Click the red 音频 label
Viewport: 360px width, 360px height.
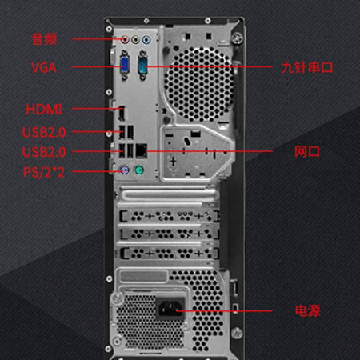(44, 39)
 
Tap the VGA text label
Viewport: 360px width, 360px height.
(44, 67)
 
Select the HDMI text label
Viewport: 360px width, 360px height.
(44, 110)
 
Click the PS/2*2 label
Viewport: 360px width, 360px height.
(44, 172)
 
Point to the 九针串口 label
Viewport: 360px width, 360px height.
(307, 67)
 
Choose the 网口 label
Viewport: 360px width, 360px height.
(307, 151)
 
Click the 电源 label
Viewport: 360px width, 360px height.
(307, 310)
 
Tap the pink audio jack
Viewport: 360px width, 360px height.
(125, 40)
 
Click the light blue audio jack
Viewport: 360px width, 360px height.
(146, 40)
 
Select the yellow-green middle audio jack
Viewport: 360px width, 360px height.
(135, 40)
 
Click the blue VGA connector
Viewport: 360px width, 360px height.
(125, 65)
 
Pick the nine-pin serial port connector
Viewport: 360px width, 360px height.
(142, 65)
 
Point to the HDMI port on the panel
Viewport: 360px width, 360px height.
(122, 113)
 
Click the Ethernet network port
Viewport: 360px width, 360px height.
(142, 151)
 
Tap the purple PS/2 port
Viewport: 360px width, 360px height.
(125, 170)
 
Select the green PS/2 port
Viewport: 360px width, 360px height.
(139, 170)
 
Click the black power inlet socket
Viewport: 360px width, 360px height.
(170, 308)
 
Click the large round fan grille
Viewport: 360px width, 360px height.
(198, 85)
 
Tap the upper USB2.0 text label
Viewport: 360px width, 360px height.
(44, 132)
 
